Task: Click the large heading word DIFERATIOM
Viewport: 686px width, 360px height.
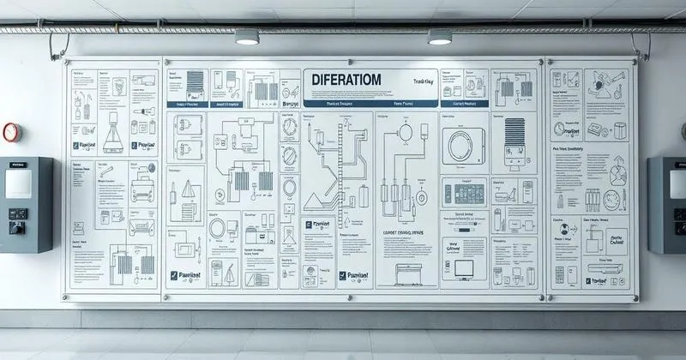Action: click(353, 80)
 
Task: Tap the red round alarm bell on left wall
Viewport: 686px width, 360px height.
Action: click(10, 133)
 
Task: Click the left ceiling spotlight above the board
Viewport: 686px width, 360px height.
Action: click(247, 37)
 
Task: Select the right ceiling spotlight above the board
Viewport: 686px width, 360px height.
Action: click(440, 37)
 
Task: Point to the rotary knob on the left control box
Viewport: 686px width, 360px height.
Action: click(17, 227)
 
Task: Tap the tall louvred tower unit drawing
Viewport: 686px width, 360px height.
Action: click(515, 141)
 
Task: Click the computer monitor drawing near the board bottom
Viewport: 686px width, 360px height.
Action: click(464, 271)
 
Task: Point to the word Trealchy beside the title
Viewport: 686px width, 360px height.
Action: click(424, 81)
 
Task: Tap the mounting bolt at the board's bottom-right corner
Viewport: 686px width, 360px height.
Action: click(633, 299)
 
